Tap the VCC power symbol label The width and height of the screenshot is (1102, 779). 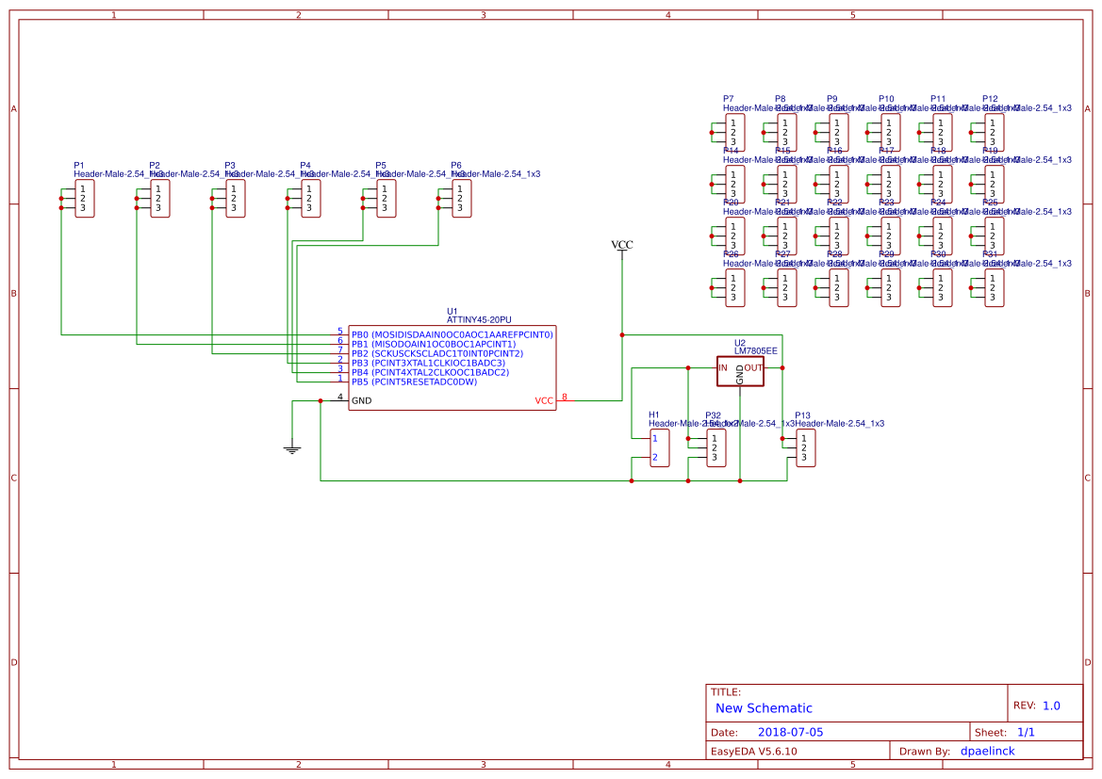(x=622, y=246)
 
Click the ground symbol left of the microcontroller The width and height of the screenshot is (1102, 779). (x=292, y=449)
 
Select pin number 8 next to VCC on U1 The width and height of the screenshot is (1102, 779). (x=565, y=397)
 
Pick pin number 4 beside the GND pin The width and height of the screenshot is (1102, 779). (x=340, y=397)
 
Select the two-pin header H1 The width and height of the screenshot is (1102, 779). (x=660, y=448)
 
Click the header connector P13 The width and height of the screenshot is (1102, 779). (x=805, y=448)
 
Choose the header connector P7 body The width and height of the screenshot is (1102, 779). (x=734, y=133)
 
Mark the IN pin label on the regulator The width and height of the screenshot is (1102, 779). (x=723, y=367)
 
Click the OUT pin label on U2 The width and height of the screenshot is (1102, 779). (x=752, y=367)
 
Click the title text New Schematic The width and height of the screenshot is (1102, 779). (x=764, y=708)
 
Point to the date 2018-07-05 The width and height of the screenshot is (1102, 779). (x=790, y=732)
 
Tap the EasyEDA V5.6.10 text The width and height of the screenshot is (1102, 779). (x=753, y=752)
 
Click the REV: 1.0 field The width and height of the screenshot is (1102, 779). (x=1037, y=706)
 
